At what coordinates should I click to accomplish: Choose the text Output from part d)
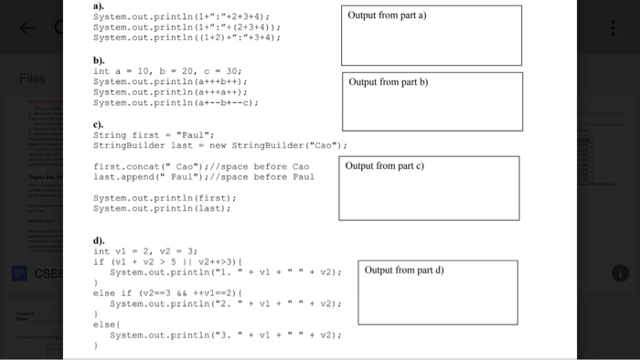[x=403, y=270]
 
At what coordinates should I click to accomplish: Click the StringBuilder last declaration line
[x=219, y=145]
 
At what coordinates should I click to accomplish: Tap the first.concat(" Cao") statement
[x=201, y=166]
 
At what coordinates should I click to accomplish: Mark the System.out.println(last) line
[x=159, y=208]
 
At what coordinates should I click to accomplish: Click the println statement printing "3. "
[x=225, y=335]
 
